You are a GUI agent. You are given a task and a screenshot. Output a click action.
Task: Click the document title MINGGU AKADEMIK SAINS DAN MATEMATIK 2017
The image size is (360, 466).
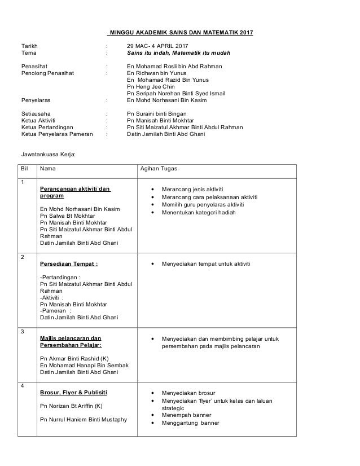pos(181,32)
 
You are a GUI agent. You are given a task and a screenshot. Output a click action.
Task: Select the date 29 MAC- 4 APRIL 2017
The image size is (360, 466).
pos(159,46)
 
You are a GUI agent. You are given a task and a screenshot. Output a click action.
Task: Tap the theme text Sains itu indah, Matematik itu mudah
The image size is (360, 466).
pos(179,53)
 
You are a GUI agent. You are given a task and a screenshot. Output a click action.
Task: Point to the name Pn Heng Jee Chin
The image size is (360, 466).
pos(151,87)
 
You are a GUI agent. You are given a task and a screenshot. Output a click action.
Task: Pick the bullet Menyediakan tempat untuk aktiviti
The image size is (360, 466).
pos(207,263)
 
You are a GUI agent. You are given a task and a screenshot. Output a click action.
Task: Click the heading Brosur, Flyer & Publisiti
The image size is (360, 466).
pos(74,392)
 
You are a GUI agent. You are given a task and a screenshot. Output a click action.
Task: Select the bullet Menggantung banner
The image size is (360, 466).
pos(190,423)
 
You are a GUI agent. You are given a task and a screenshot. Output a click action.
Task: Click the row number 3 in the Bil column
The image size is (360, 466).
pos(22,331)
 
